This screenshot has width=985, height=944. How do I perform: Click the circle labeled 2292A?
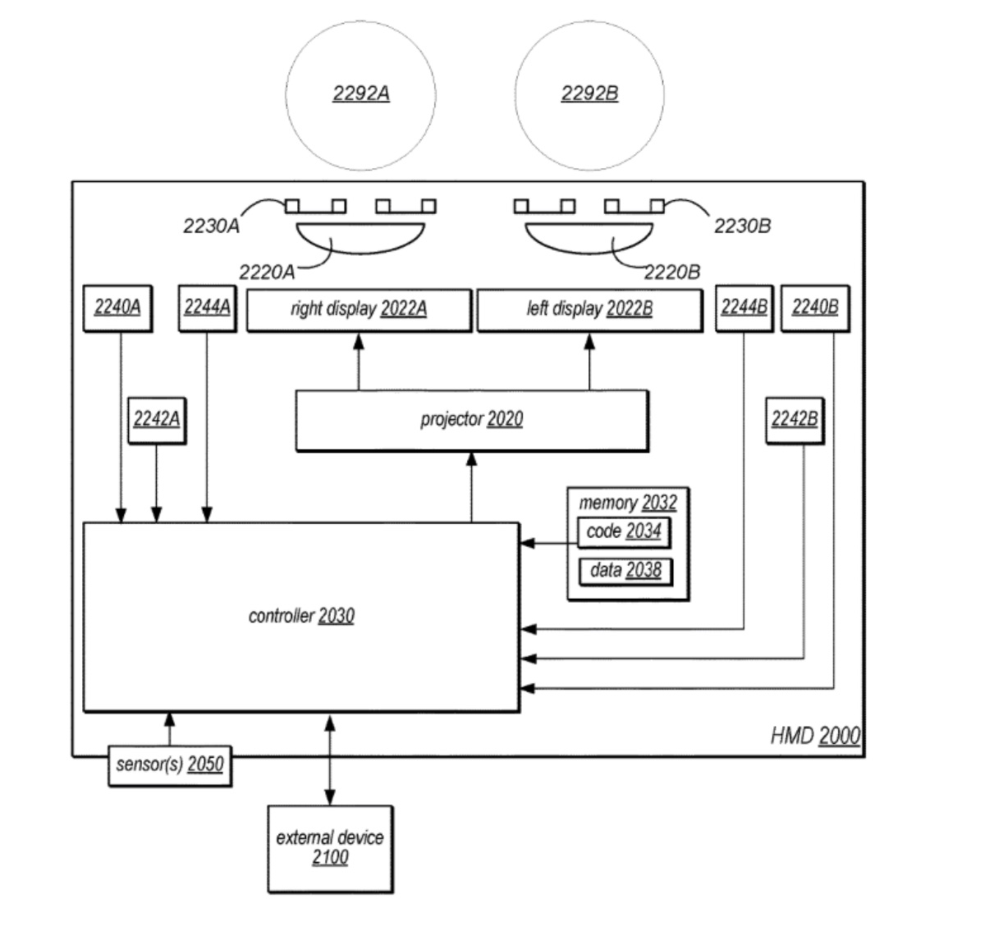(x=360, y=94)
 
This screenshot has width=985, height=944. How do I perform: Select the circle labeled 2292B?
(x=589, y=94)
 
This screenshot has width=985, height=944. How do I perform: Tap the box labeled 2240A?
(x=117, y=308)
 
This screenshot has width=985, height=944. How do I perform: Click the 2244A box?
(x=206, y=308)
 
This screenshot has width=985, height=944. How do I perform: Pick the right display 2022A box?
(x=359, y=309)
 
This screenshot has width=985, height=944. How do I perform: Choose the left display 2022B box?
(x=589, y=309)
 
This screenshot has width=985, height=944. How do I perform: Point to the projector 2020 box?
(x=471, y=420)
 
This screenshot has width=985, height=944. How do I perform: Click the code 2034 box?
(x=623, y=532)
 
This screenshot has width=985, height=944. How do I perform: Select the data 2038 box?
(x=625, y=571)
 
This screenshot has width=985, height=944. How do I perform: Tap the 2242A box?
(x=156, y=419)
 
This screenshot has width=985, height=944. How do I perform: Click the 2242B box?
(x=794, y=419)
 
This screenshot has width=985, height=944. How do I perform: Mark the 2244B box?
(x=744, y=308)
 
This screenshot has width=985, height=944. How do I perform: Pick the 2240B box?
(x=814, y=308)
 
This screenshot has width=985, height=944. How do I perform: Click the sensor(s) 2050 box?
(x=169, y=765)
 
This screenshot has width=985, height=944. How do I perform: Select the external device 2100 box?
(x=330, y=848)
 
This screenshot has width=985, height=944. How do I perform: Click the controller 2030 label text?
(x=301, y=616)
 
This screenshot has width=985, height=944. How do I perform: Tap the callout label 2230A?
(x=211, y=226)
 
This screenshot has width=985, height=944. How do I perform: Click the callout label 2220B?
(x=671, y=271)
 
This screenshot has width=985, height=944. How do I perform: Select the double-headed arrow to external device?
(x=330, y=759)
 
